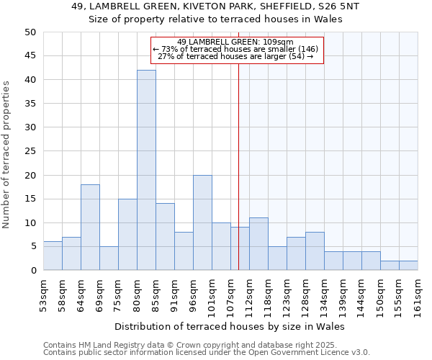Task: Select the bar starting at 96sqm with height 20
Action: (x=202, y=222)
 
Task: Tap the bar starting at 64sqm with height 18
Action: (x=90, y=228)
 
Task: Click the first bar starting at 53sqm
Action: (x=53, y=256)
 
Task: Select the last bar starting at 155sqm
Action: (x=408, y=266)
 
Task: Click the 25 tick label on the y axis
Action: (x=30, y=151)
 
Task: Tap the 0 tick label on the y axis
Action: (x=32, y=271)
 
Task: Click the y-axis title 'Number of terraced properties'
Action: (x=6, y=155)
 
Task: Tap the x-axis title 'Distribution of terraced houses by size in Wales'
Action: (x=230, y=326)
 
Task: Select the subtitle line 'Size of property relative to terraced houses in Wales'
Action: (x=215, y=19)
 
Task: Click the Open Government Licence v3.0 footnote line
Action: (x=207, y=352)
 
